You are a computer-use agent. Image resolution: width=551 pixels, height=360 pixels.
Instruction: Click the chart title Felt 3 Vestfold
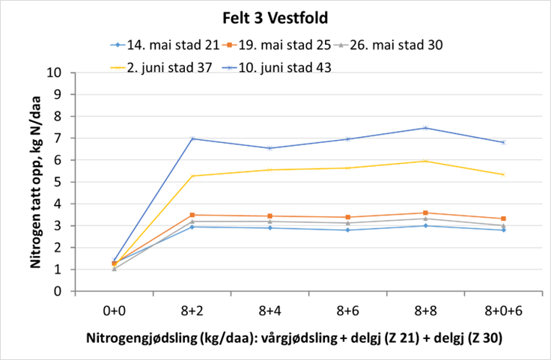pyautogui.click(x=275, y=16)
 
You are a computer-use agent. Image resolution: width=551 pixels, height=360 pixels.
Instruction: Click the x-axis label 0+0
pyautogui.click(x=115, y=309)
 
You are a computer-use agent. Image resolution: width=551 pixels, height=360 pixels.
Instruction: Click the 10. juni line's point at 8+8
pyautogui.click(x=425, y=128)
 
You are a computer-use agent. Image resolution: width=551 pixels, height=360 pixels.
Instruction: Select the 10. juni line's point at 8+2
pyautogui.click(x=192, y=138)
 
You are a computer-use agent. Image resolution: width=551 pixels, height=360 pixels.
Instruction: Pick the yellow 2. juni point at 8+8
pyautogui.click(x=425, y=161)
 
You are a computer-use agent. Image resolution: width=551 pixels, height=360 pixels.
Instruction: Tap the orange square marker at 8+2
pyautogui.click(x=192, y=215)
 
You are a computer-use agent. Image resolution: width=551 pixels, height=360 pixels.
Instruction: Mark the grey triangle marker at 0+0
pyautogui.click(x=115, y=268)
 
